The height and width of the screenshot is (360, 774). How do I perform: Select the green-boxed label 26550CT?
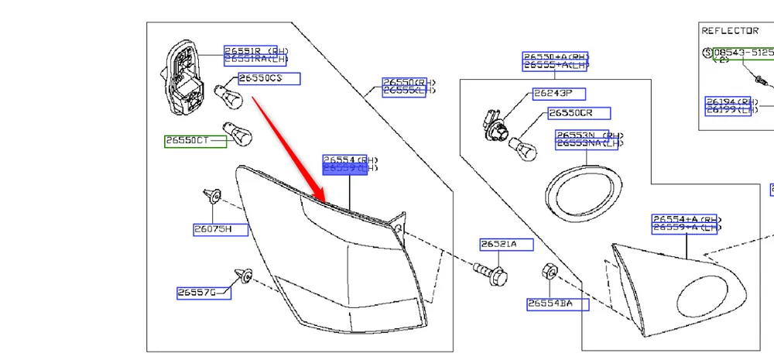click(187, 141)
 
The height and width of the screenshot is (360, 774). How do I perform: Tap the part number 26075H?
click(211, 229)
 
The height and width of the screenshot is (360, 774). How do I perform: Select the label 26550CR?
click(574, 113)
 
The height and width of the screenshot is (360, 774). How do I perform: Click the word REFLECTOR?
click(730, 31)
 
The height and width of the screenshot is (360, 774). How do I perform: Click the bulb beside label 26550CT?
click(236, 135)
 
